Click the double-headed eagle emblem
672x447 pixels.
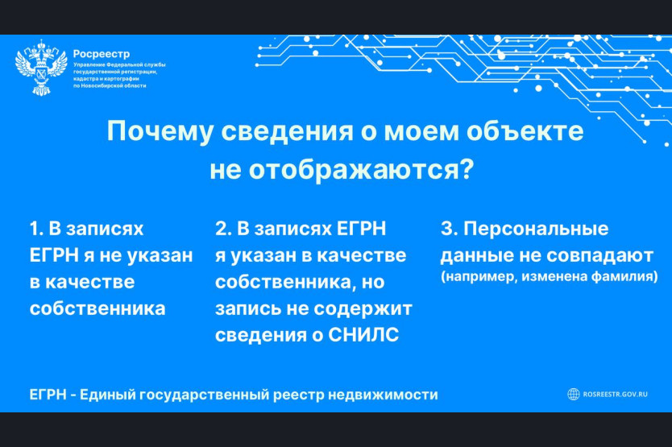(x=41, y=68)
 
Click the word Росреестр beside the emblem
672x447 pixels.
(x=102, y=54)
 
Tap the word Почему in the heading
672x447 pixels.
(x=160, y=131)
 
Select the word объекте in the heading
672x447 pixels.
(x=525, y=130)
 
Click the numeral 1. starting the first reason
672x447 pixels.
(x=36, y=229)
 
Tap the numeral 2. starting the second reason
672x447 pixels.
(x=223, y=229)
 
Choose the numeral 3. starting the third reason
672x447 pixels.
(x=449, y=229)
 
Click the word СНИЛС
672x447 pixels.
(x=363, y=335)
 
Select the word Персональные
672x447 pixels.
(x=536, y=229)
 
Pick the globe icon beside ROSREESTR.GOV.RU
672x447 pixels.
(x=574, y=394)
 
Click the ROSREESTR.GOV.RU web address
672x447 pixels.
(x=616, y=395)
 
